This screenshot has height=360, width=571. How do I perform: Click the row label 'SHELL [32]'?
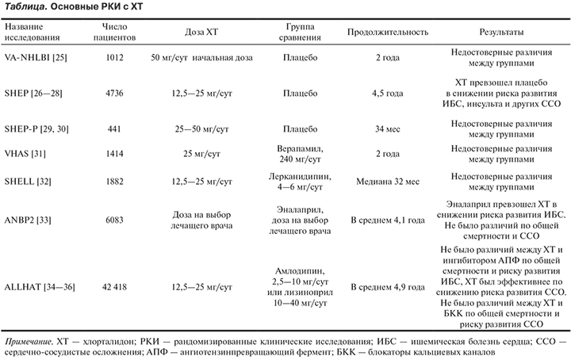[29, 182]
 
